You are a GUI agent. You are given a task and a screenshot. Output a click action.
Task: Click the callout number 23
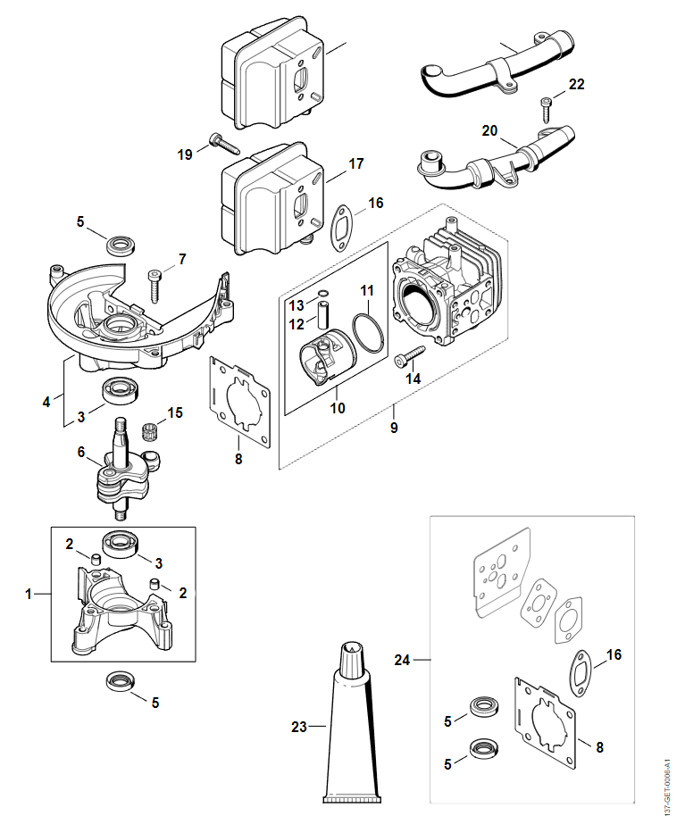point(298,727)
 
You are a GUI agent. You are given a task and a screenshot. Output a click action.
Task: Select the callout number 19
point(185,155)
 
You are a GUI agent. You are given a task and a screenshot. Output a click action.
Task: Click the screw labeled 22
point(547,110)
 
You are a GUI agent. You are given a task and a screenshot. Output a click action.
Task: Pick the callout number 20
point(489,130)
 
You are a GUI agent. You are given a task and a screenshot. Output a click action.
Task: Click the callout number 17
point(356,164)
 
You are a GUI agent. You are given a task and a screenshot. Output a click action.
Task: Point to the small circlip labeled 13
point(323,292)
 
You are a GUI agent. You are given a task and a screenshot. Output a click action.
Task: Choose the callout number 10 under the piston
point(337,408)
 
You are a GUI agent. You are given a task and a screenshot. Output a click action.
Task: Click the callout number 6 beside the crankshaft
point(81,453)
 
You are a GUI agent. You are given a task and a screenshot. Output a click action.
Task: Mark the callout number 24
point(403,660)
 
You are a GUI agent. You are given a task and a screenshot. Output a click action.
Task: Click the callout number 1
point(28,594)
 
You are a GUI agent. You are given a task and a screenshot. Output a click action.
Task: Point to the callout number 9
point(394,428)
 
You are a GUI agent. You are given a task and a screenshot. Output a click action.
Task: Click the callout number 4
point(46,402)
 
